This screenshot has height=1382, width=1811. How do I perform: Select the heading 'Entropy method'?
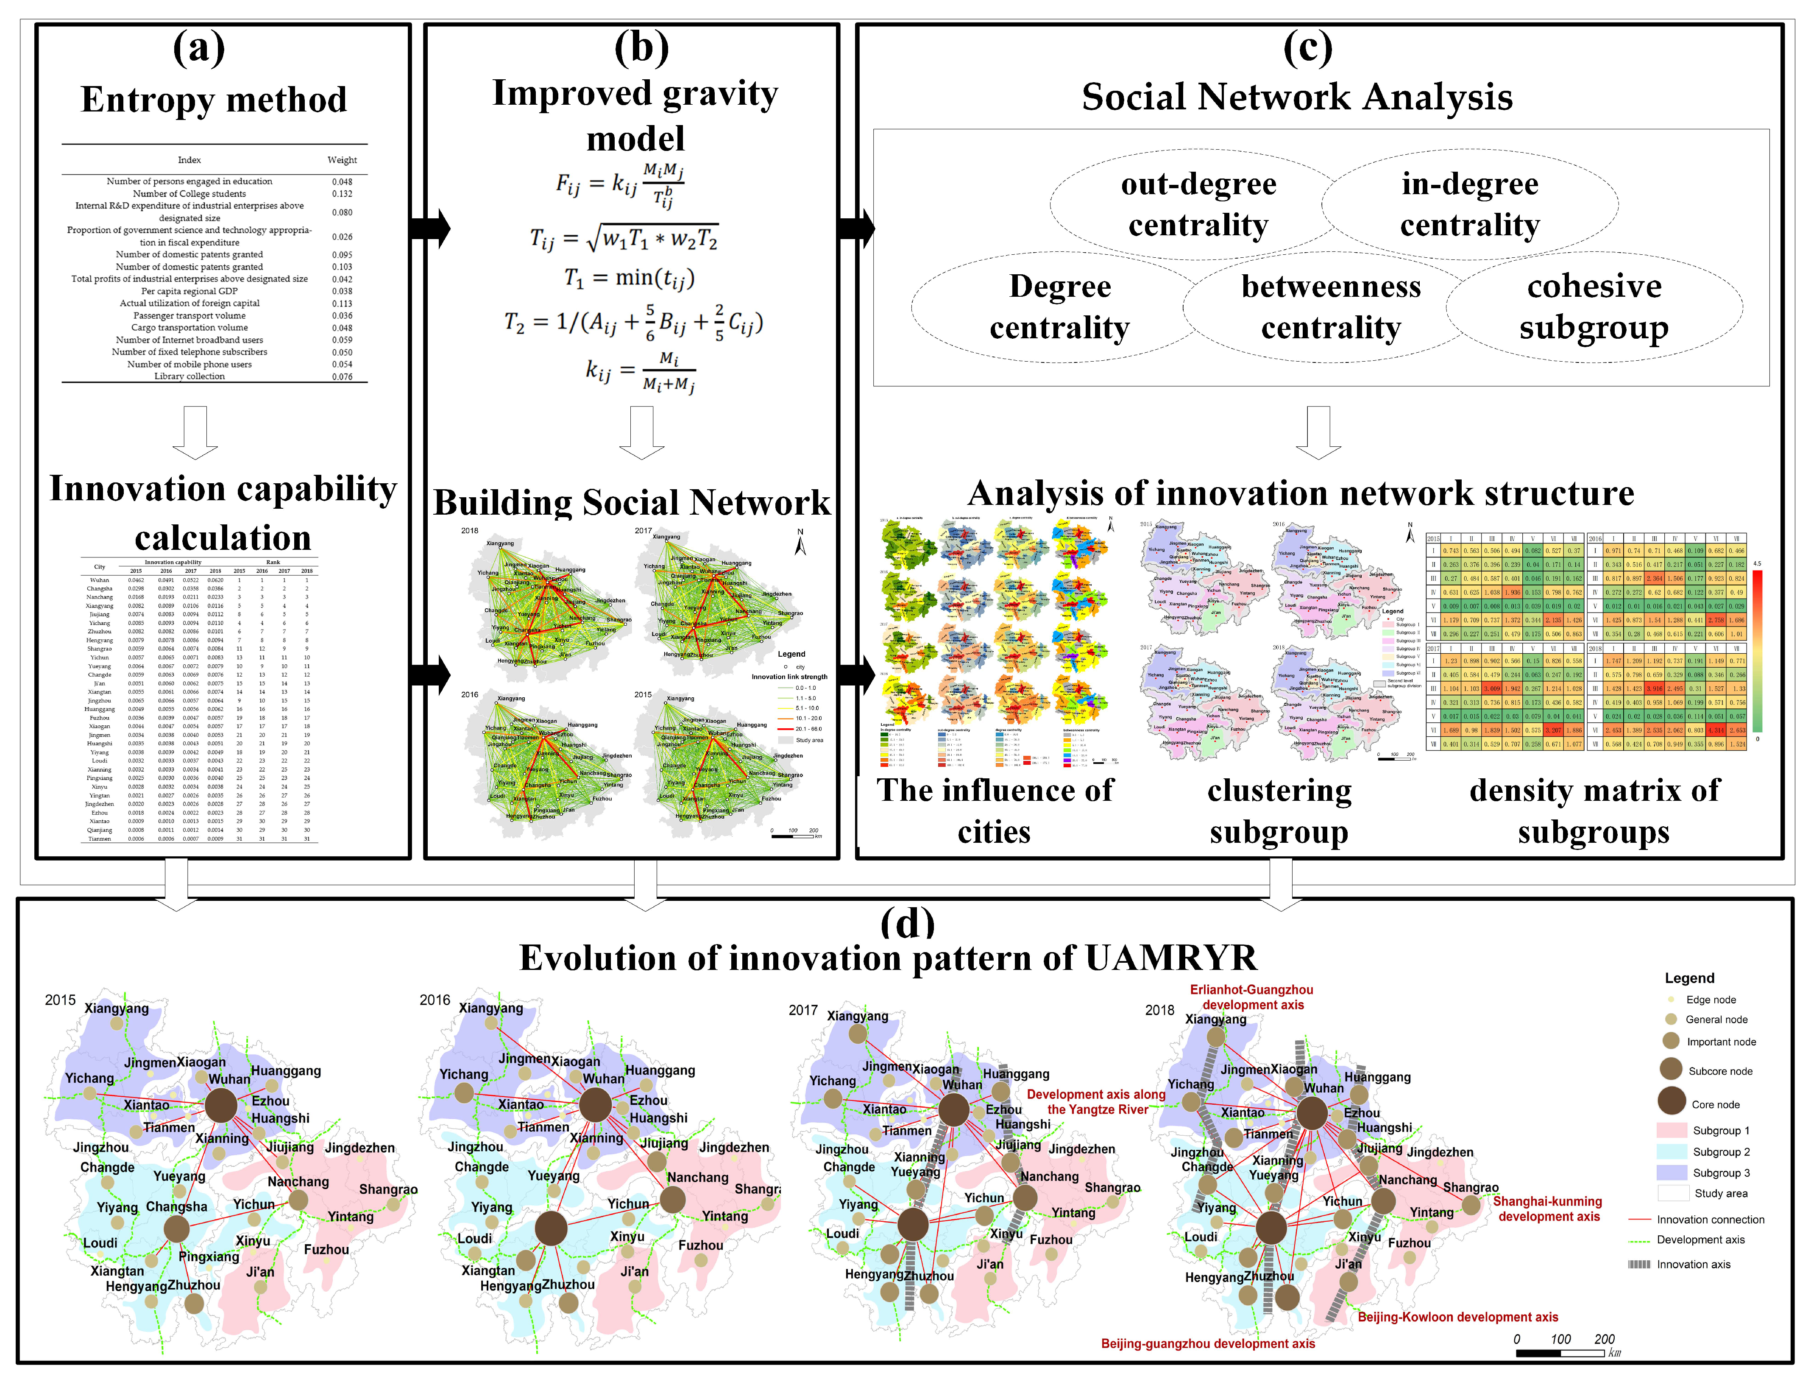[214, 100]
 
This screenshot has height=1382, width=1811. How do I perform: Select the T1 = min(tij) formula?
[629, 278]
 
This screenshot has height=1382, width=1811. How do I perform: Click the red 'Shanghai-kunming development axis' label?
[1548, 1209]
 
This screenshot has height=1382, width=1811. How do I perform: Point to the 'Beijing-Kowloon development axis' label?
[1457, 1317]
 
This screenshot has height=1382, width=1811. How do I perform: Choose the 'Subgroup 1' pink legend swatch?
[1671, 1130]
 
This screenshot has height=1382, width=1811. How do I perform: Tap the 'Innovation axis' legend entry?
[1693, 1265]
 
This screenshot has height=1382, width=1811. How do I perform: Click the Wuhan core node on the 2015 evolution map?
[220, 1105]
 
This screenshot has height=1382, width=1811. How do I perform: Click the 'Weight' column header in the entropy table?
[342, 159]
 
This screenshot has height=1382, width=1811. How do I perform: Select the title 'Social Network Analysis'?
[1297, 97]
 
